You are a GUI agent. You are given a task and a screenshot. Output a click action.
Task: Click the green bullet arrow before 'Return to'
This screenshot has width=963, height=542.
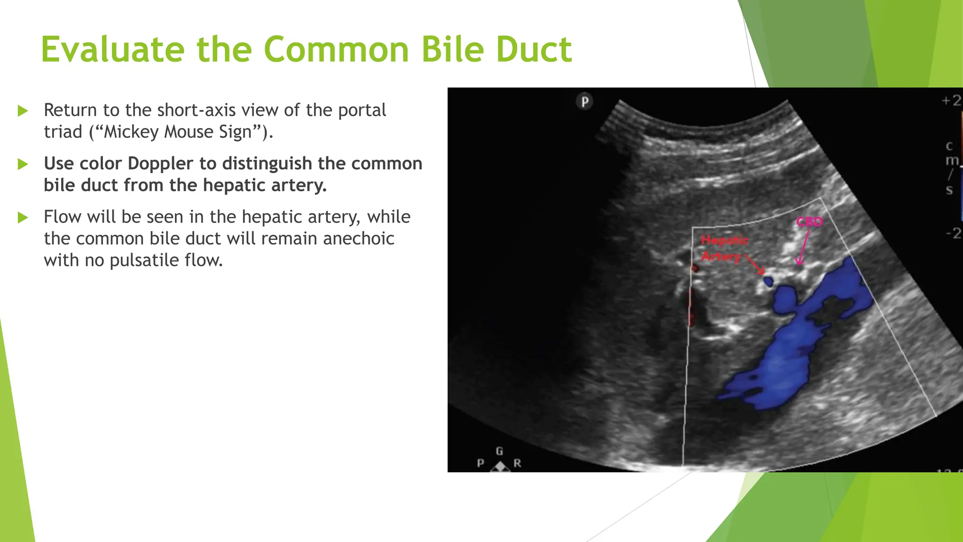(x=23, y=111)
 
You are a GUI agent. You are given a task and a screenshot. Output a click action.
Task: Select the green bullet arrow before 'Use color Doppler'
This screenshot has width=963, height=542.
(x=23, y=164)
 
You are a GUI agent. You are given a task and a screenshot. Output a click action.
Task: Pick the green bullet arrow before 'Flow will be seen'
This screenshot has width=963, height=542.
(x=23, y=217)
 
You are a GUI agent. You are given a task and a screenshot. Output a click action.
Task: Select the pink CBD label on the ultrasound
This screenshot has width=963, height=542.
(x=809, y=222)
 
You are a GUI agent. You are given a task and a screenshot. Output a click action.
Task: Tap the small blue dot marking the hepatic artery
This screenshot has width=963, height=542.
(x=768, y=282)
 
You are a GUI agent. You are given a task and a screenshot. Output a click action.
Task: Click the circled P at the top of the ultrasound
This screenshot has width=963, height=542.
(x=584, y=102)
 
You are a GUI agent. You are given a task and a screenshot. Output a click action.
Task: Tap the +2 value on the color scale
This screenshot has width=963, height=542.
(x=951, y=101)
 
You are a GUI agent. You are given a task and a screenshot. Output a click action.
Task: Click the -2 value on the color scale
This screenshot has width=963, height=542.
(x=953, y=233)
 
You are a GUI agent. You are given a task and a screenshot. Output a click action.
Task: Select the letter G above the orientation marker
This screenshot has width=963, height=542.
(x=499, y=451)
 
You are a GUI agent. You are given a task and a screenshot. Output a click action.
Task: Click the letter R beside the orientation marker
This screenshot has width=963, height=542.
(x=517, y=463)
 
